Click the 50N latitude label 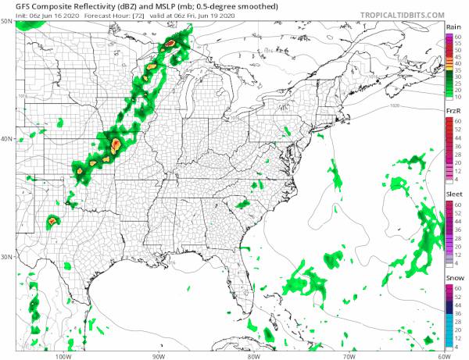[x=6, y=21]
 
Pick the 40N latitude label [x=6, y=139]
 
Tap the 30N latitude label [x=6, y=257]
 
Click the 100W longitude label [x=63, y=353]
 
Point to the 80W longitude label [x=252, y=353]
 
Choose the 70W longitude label [x=347, y=353]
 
